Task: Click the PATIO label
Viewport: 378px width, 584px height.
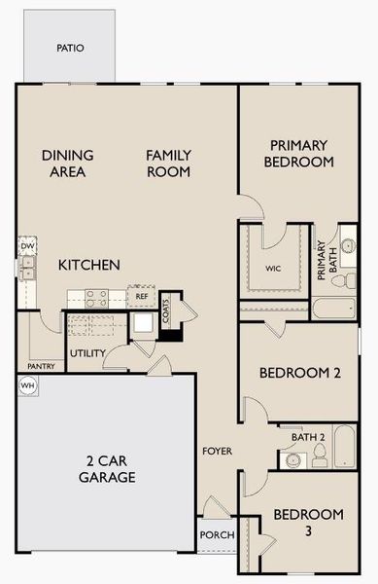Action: click(x=69, y=47)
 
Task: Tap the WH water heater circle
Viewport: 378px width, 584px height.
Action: click(x=26, y=385)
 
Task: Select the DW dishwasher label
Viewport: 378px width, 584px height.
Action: click(x=27, y=247)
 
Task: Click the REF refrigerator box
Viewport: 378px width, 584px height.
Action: click(x=142, y=296)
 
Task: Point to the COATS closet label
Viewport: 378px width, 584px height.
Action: click(x=167, y=310)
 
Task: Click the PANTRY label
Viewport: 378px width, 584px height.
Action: click(x=41, y=367)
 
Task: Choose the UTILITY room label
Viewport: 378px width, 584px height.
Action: click(x=86, y=352)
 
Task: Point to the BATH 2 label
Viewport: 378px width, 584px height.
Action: click(x=308, y=437)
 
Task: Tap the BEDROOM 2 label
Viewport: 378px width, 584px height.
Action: click(x=299, y=373)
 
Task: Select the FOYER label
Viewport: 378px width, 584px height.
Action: click(x=216, y=452)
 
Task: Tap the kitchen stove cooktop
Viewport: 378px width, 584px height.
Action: click(x=95, y=296)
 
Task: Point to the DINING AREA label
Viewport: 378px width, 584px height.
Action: click(x=67, y=164)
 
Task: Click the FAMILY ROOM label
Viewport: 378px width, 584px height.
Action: click(x=168, y=164)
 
